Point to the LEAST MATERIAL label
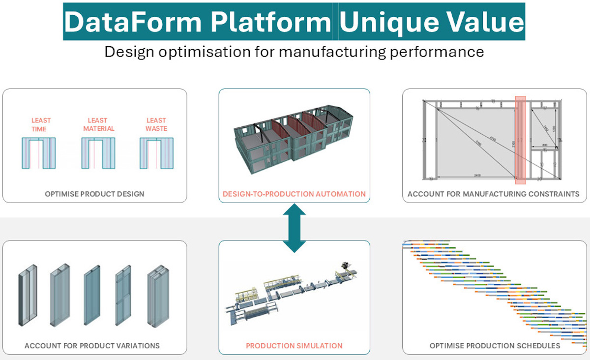click(98, 124)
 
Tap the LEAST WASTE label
click(156, 124)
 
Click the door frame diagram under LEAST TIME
click(39, 153)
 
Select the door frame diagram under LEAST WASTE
click(156, 153)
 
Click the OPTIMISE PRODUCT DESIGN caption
click(95, 194)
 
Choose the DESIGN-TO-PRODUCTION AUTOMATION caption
click(294, 194)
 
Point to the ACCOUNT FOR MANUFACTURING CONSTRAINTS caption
click(493, 194)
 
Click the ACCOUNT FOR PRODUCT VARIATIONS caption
click(92, 346)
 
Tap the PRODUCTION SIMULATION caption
click(294, 346)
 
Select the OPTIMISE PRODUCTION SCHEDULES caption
click(495, 346)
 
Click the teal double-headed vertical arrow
click(295, 227)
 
